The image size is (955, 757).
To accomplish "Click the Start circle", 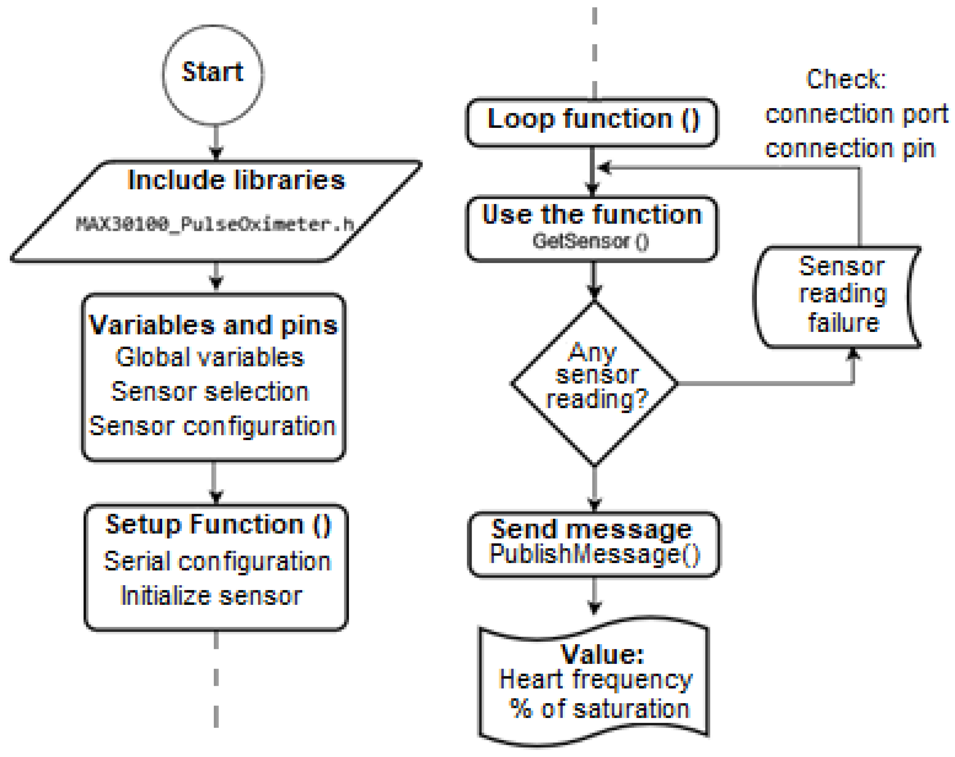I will click(x=213, y=74).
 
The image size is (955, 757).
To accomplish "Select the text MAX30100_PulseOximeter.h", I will click(x=215, y=224).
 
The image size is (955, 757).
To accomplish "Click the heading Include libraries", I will click(x=236, y=180).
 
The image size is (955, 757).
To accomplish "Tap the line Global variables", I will click(x=210, y=357).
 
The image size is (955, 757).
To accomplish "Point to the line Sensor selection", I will click(x=210, y=392).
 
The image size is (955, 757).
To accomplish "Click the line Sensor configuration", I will click(x=213, y=426).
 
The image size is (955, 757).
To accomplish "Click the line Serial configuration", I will click(x=217, y=562).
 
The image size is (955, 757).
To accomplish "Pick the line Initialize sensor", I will click(x=211, y=596).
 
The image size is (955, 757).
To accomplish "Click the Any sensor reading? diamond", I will click(x=595, y=384).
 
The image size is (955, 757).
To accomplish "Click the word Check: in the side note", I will click(x=846, y=80).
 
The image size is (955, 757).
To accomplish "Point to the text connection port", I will click(x=857, y=114).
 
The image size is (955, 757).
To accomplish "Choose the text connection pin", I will click(x=850, y=149).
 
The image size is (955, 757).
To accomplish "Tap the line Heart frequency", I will click(x=595, y=680).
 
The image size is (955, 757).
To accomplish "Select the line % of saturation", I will click(x=600, y=709).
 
